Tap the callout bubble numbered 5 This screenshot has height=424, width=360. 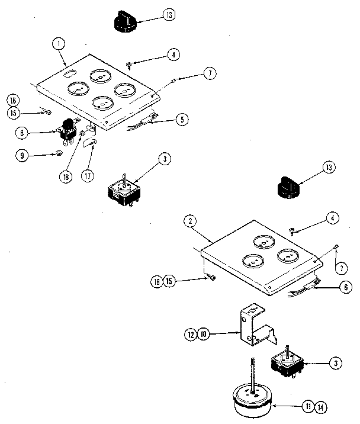point(184,120)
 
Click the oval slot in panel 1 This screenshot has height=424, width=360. point(69,74)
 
